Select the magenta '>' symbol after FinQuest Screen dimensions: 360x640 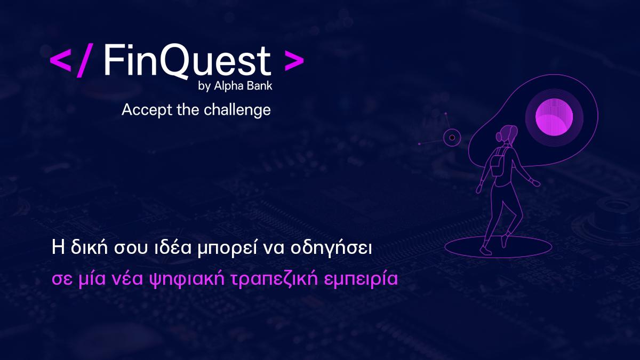(294, 62)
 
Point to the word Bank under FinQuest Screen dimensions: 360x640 (260, 86)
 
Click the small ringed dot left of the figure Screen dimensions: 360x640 (452, 138)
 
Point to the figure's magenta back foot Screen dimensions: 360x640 (504, 241)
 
